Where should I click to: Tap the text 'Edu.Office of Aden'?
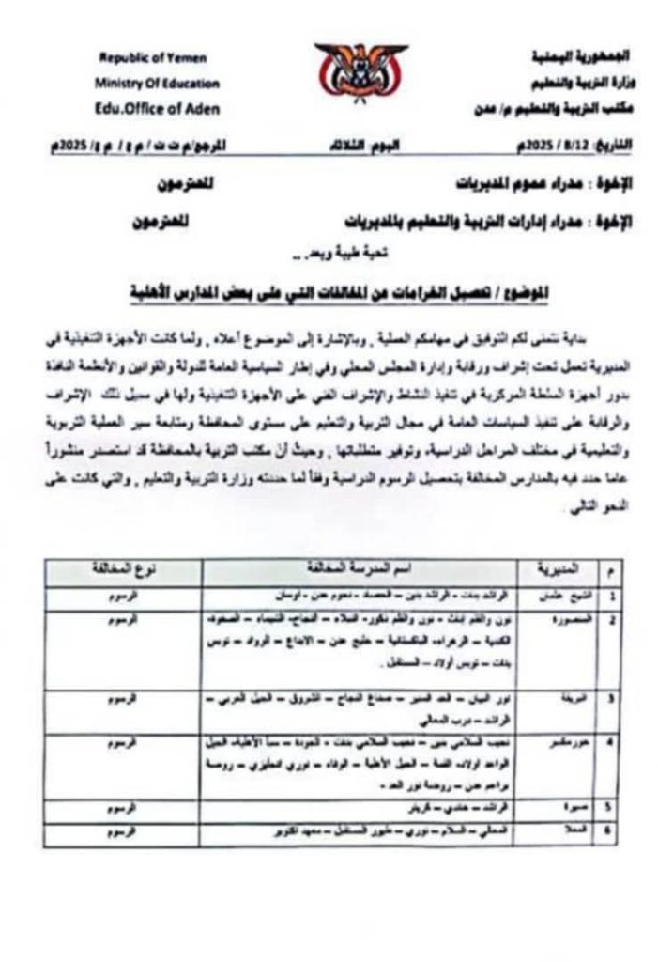coord(158,108)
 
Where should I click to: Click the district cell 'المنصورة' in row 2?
coord(563,622)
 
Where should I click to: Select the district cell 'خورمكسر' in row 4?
coord(563,743)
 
